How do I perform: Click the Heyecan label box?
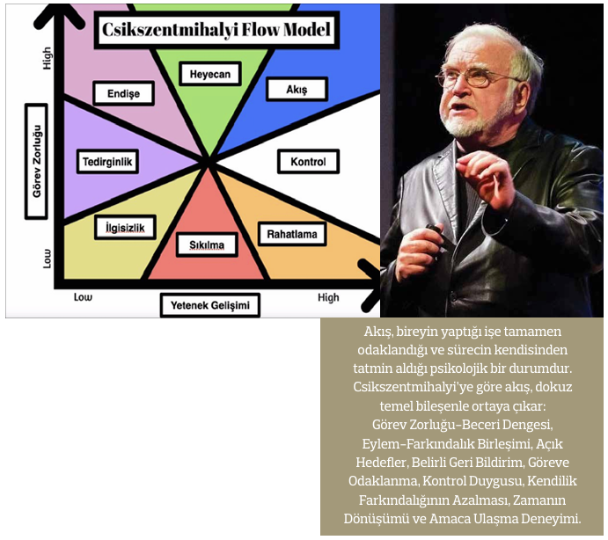[x=210, y=74]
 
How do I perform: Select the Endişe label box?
[x=124, y=93]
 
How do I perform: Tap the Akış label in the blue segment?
[x=297, y=89]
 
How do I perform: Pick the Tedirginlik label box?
[x=107, y=161]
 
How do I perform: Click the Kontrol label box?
[x=308, y=161]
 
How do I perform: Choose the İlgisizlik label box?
[x=125, y=227]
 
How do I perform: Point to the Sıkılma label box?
[x=207, y=244]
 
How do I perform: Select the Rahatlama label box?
[x=292, y=234]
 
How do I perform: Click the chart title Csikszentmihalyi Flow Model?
[x=216, y=30]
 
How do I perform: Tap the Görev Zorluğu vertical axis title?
[x=36, y=161]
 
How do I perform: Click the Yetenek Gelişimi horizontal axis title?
[x=210, y=305]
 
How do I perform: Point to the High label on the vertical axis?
[x=47, y=58]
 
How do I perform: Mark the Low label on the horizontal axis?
[x=83, y=297]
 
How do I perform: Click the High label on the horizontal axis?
[x=328, y=297]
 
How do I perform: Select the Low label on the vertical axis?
[x=47, y=259]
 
